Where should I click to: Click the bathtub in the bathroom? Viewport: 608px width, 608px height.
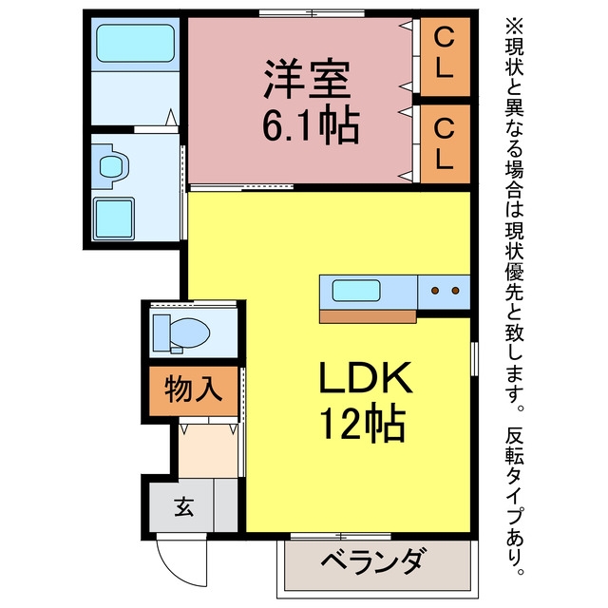pyautogui.click(x=135, y=43)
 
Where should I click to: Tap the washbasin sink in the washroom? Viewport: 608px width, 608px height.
pyautogui.click(x=111, y=166)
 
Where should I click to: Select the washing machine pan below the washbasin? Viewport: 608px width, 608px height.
pyautogui.click(x=114, y=218)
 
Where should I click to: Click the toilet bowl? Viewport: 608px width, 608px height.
pyautogui.click(x=190, y=332)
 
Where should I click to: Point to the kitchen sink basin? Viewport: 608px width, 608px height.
pyautogui.click(x=356, y=291)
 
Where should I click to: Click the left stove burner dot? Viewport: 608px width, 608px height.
pyautogui.click(x=435, y=291)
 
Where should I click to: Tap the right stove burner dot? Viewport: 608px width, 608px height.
pyautogui.click(x=456, y=291)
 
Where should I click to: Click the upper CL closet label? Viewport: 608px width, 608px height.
pyautogui.click(x=444, y=54)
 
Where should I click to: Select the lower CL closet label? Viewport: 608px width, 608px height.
pyautogui.click(x=444, y=143)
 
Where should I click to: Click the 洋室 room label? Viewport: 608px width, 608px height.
pyautogui.click(x=307, y=79)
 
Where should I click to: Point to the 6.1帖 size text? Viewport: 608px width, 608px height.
pyautogui.click(x=311, y=125)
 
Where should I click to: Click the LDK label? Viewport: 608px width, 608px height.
pyautogui.click(x=365, y=377)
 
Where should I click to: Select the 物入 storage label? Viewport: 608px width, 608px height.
pyautogui.click(x=193, y=389)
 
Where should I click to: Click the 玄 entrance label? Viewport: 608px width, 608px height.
pyautogui.click(x=183, y=506)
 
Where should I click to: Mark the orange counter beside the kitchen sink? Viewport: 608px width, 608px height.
pyautogui.click(x=368, y=316)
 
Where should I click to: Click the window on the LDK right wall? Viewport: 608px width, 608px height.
pyautogui.click(x=474, y=359)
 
